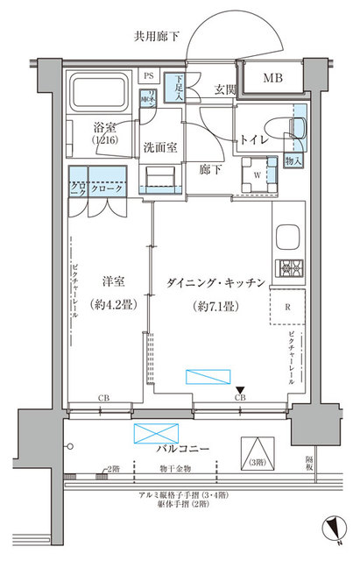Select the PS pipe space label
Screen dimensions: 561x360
[148, 76]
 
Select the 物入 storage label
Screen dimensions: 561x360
[295, 162]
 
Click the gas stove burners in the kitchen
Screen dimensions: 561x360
[288, 268]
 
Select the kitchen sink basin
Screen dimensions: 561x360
[288, 238]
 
